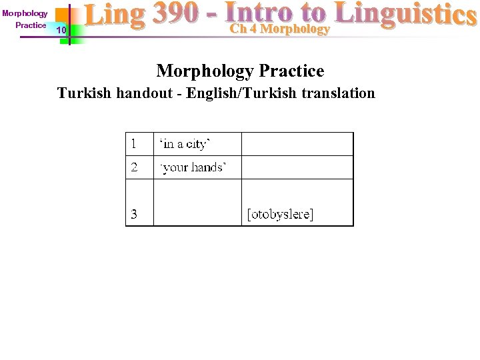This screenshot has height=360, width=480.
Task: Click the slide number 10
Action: click(61, 31)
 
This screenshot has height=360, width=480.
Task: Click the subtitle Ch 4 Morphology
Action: click(280, 29)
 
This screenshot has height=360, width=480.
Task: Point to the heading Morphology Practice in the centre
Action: click(240, 71)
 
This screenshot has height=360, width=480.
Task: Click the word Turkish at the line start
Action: click(85, 93)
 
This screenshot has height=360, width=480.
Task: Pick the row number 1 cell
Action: click(139, 143)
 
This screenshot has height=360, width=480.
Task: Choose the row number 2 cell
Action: click(139, 167)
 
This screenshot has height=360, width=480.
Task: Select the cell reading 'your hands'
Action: click(193, 167)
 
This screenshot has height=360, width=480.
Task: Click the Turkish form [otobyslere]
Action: click(280, 214)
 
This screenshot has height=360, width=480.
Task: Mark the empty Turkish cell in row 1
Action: click(297, 144)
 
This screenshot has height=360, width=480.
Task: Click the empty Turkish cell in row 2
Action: click(297, 167)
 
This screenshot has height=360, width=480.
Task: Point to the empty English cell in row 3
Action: click(197, 202)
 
